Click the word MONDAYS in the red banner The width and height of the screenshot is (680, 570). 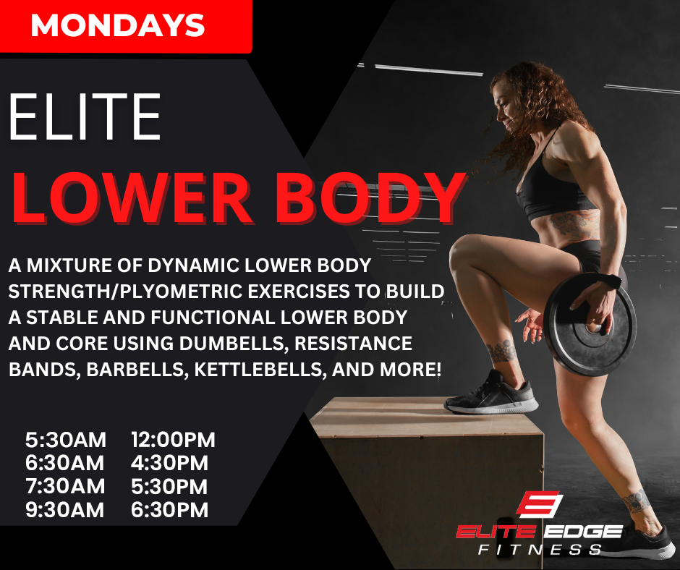click(117, 25)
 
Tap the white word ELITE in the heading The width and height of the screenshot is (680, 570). click(85, 117)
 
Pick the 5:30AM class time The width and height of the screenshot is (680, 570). click(66, 440)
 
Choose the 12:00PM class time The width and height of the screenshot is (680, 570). click(173, 440)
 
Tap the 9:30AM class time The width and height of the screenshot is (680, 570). click(65, 510)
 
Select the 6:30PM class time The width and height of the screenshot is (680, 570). click(169, 510)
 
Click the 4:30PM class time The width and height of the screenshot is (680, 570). click(169, 463)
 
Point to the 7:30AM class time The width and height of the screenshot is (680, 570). click(65, 486)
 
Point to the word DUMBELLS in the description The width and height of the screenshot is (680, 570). click(234, 344)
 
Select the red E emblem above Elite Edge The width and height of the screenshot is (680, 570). click(539, 504)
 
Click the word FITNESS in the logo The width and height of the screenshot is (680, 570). click(540, 550)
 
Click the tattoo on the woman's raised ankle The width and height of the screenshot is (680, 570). click(501, 351)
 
